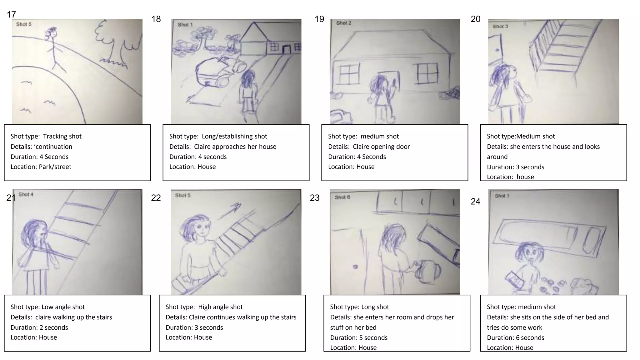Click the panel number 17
pyautogui.click(x=11, y=14)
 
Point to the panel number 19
pyautogui.click(x=319, y=19)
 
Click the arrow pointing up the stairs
pyautogui.click(x=230, y=211)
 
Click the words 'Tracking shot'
pyautogui.click(x=62, y=136)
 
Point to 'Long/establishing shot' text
pyautogui.click(x=234, y=136)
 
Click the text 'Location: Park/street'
pyautogui.click(x=41, y=167)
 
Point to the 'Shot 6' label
pyautogui.click(x=342, y=197)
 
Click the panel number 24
pyautogui.click(x=475, y=202)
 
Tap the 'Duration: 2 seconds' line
pyautogui.click(x=39, y=327)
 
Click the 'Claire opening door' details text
pyautogui.click(x=381, y=147)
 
